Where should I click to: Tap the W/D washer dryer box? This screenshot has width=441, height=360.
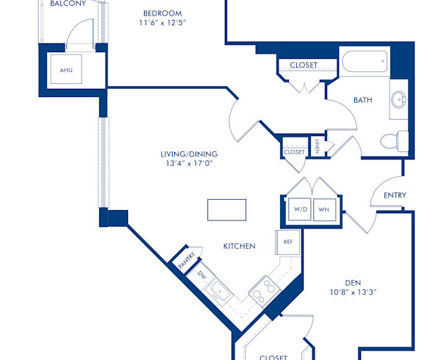tap(300, 209)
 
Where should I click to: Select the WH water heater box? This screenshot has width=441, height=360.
tap(323, 209)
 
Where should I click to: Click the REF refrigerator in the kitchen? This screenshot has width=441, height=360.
tap(288, 242)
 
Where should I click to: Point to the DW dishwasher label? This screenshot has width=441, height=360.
tap(201, 275)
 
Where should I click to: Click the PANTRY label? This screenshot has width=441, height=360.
tap(186, 258)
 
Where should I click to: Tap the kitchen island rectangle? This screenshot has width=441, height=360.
tap(227, 209)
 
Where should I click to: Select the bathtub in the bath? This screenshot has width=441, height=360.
tap(363, 62)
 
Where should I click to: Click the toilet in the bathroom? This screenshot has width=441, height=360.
tap(396, 140)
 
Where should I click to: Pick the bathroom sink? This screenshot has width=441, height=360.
tap(398, 101)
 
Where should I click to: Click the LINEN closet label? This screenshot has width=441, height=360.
tap(317, 146)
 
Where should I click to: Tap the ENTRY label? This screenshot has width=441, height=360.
tap(395, 195)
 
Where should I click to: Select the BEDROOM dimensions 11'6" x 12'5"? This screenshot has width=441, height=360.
tap(162, 23)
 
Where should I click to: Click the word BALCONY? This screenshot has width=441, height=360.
tap(68, 4)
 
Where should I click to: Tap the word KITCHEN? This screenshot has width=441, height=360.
tap(239, 246)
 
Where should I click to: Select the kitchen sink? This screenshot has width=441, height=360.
tap(219, 292)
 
